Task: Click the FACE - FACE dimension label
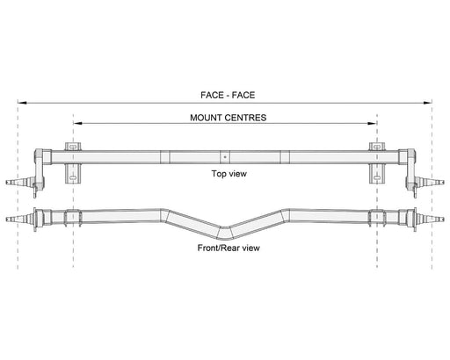(x=228, y=95)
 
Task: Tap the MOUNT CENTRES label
(x=229, y=118)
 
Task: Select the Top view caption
(x=229, y=174)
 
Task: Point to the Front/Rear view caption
(x=229, y=248)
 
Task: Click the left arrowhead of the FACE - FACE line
(x=22, y=103)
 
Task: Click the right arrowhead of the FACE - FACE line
(x=427, y=103)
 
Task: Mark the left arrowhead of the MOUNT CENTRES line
(x=77, y=123)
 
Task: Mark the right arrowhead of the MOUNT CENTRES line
(x=373, y=123)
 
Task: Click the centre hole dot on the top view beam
(x=225, y=157)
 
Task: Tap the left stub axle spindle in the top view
(x=20, y=182)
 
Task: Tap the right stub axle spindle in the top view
(x=430, y=182)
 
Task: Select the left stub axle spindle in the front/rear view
(x=19, y=219)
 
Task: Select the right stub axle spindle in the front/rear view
(x=431, y=219)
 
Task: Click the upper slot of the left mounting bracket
(x=73, y=146)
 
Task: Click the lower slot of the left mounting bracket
(x=73, y=177)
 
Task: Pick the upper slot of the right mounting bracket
(x=377, y=146)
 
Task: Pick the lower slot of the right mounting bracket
(x=377, y=177)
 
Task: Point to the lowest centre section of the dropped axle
(x=225, y=233)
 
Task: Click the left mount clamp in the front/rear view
(x=73, y=218)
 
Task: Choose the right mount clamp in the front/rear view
(x=377, y=218)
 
